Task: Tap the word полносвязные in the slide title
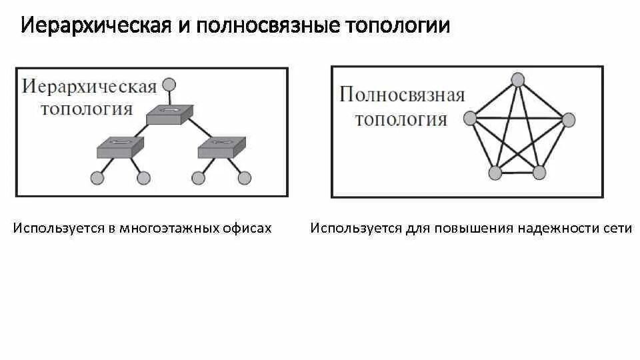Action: click(x=262, y=26)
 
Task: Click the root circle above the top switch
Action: click(x=169, y=85)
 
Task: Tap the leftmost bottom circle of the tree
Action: click(x=97, y=178)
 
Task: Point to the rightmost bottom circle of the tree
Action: click(x=245, y=178)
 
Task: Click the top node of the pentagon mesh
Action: click(x=518, y=79)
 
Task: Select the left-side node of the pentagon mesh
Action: click(x=470, y=118)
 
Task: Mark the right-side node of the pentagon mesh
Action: click(x=567, y=120)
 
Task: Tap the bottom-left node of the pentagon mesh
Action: click(x=495, y=173)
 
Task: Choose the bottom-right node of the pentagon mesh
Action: click(x=539, y=173)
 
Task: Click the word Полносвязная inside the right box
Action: click(x=402, y=95)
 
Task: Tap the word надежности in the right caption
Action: click(x=561, y=228)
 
